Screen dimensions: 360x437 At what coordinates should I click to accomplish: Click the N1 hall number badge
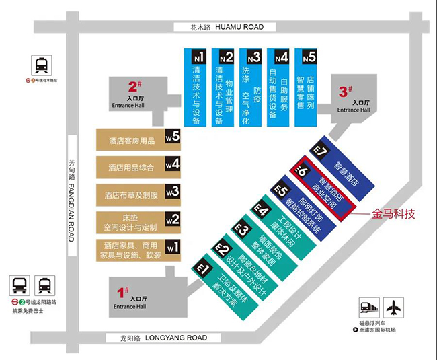198,57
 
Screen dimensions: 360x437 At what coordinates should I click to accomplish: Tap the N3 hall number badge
253,57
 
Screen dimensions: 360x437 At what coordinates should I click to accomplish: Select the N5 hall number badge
308,57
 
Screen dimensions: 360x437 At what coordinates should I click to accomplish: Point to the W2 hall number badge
173,219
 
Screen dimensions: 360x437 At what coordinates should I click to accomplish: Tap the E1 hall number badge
202,267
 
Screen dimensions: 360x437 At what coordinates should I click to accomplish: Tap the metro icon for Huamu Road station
42,66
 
